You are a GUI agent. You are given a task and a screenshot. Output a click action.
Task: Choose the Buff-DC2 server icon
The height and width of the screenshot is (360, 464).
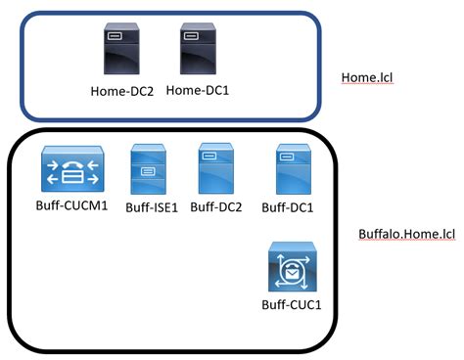215,168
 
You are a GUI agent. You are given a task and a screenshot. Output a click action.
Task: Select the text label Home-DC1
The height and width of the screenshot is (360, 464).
198,90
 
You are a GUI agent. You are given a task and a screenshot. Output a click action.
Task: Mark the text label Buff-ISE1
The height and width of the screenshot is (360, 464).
153,207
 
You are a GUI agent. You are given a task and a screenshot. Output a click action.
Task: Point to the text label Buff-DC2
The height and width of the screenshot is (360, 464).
218,206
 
